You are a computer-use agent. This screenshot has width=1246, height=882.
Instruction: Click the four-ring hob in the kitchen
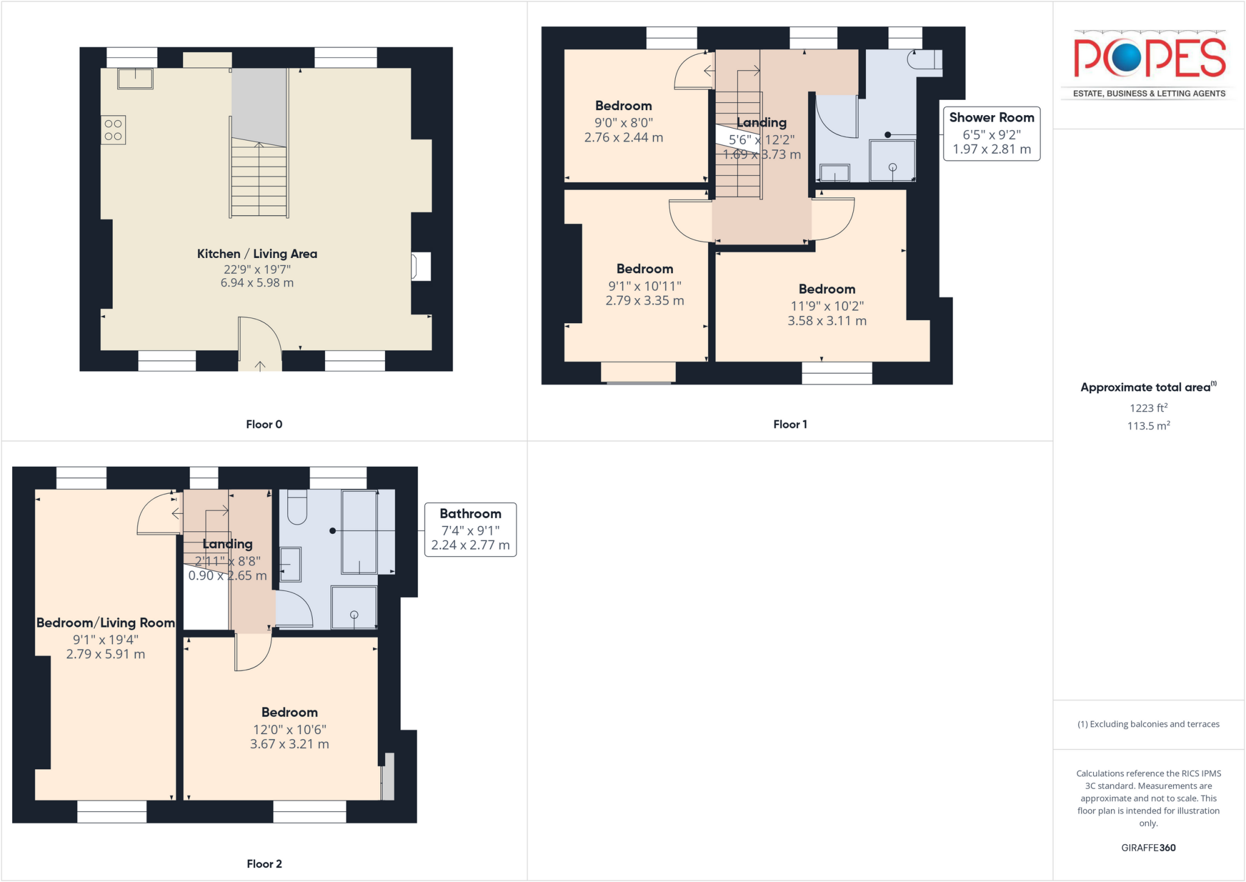pyautogui.click(x=113, y=130)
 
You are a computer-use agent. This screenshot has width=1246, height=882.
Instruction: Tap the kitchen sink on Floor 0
pyautogui.click(x=135, y=79)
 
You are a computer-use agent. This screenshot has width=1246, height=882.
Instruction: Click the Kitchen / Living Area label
pyautogui.click(x=257, y=254)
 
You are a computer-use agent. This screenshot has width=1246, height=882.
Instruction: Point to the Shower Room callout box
pyautogui.click(x=991, y=133)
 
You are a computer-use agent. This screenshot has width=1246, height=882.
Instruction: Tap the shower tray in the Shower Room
pyautogui.click(x=892, y=161)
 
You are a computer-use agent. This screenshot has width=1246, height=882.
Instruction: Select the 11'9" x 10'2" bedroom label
pyautogui.click(x=827, y=289)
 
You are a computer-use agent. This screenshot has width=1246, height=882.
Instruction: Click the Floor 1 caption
pyautogui.click(x=790, y=424)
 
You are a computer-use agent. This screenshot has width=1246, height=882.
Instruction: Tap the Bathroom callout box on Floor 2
pyautogui.click(x=470, y=529)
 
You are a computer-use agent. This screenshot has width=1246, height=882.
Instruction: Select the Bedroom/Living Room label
pyautogui.click(x=105, y=623)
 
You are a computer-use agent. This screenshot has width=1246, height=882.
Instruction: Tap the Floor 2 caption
pyautogui.click(x=264, y=864)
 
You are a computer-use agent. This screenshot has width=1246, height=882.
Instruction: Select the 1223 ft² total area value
pyautogui.click(x=1148, y=408)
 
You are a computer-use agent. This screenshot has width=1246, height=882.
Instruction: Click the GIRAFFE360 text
pyautogui.click(x=1148, y=847)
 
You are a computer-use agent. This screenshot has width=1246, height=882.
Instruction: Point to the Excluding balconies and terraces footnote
pyautogui.click(x=1148, y=724)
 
